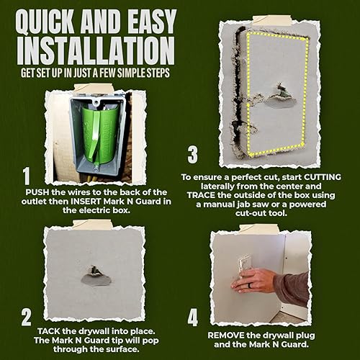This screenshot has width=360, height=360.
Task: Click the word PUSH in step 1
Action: [39, 193]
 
